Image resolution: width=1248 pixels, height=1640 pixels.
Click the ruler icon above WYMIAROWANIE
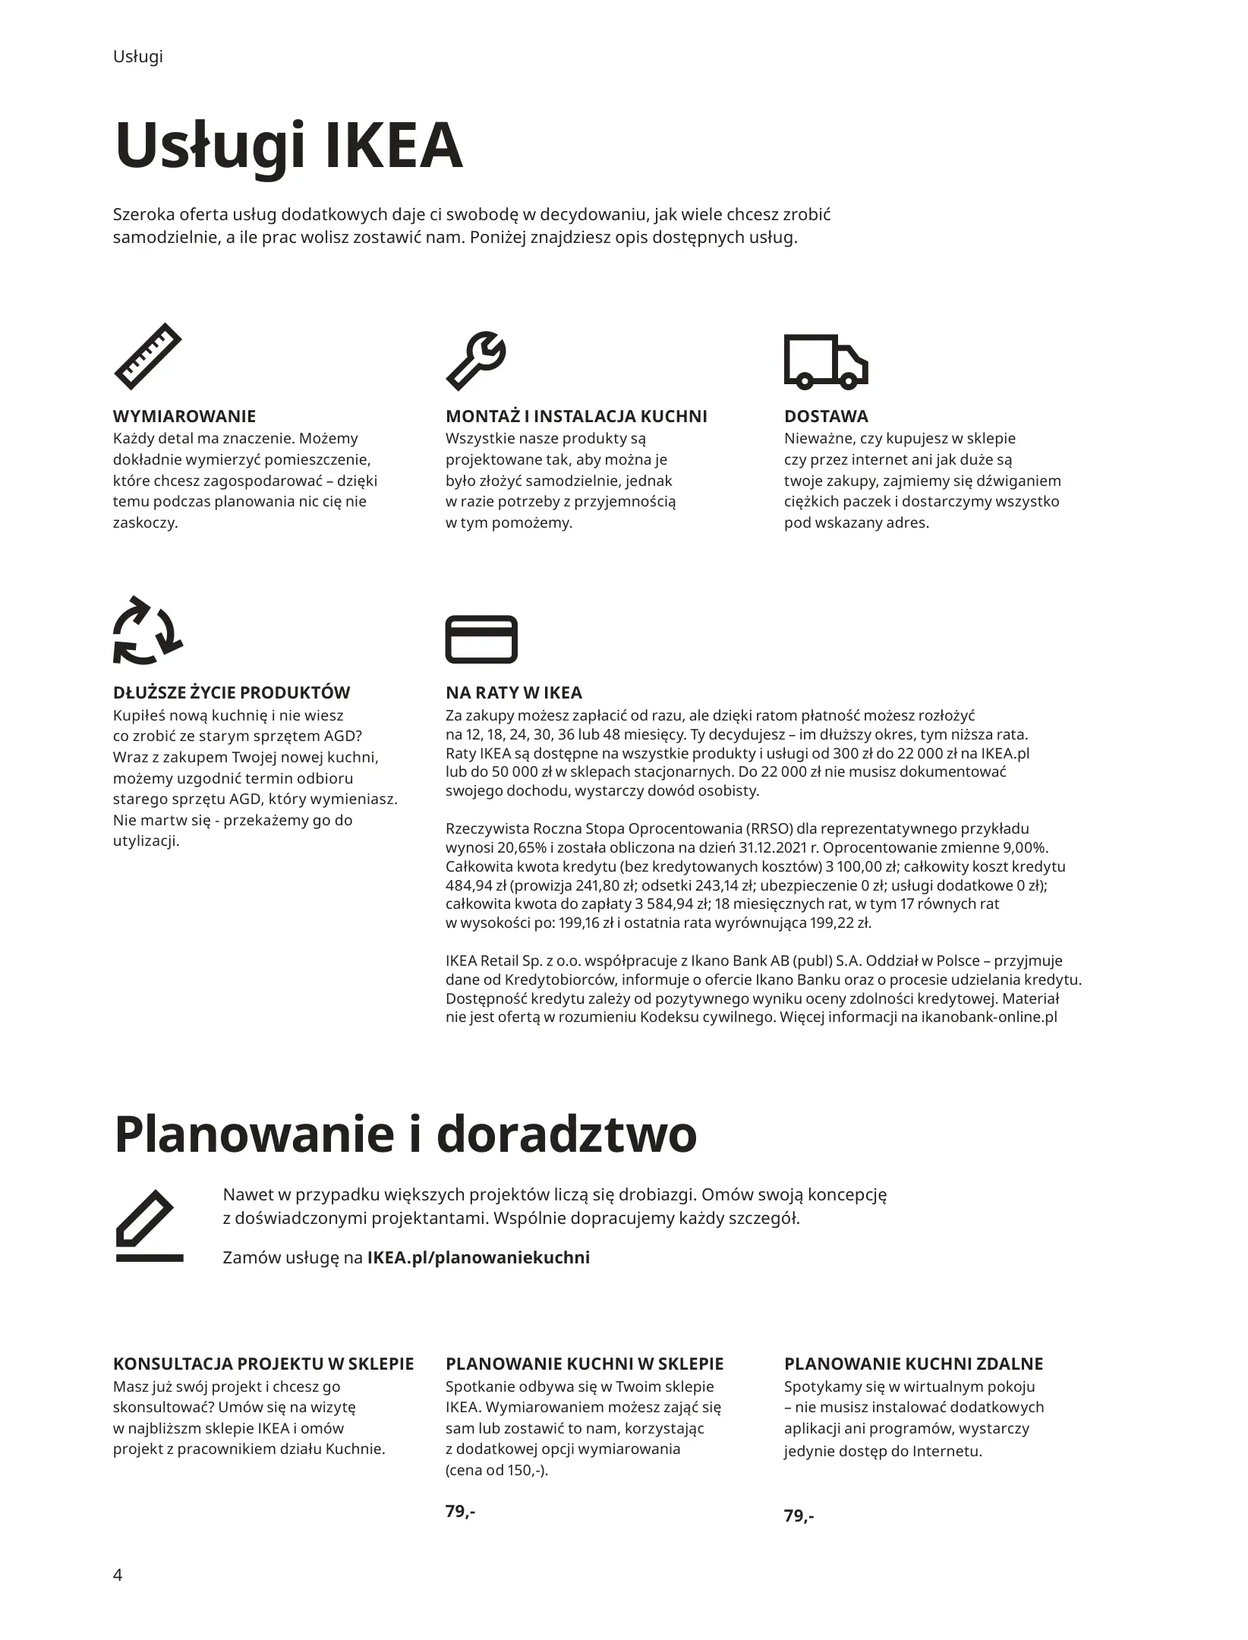click(148, 357)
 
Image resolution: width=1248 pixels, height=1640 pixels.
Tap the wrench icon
click(476, 360)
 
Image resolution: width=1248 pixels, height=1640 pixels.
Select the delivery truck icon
click(825, 361)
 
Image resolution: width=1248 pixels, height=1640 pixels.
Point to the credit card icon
click(481, 639)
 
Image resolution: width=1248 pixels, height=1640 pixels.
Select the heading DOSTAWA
click(826, 416)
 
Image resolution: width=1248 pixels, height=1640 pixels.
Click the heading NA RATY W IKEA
click(513, 692)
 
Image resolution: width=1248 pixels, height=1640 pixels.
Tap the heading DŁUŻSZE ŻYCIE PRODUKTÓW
click(232, 692)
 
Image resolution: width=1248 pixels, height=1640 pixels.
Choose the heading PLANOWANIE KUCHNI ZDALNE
click(913, 1364)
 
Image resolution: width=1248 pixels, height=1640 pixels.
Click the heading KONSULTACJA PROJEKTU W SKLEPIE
click(263, 1364)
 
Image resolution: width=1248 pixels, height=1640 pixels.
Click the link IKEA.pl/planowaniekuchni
click(478, 1257)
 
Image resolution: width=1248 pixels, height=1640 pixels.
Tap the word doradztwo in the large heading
click(567, 1134)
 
